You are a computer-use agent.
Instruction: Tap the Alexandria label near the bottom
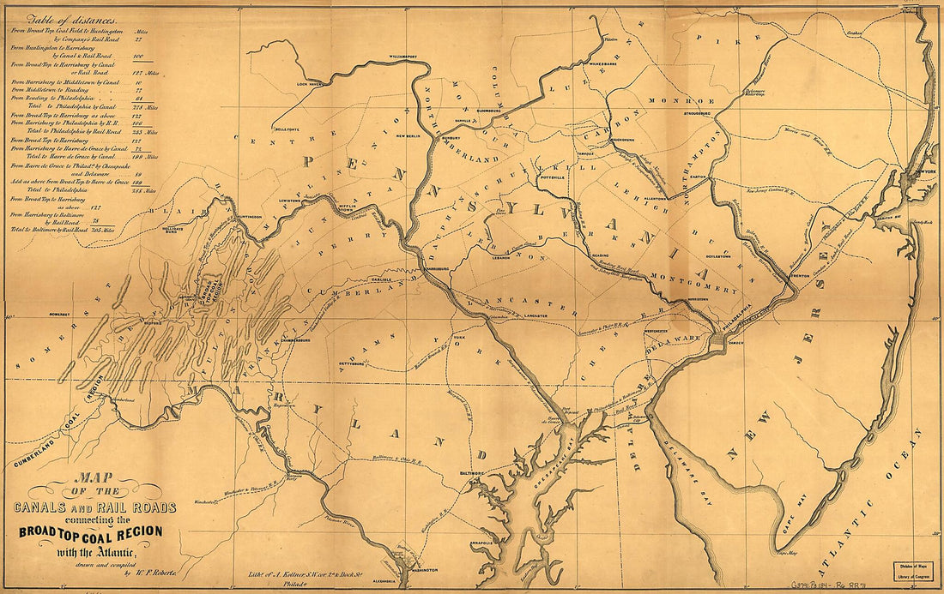[x=384, y=579]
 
